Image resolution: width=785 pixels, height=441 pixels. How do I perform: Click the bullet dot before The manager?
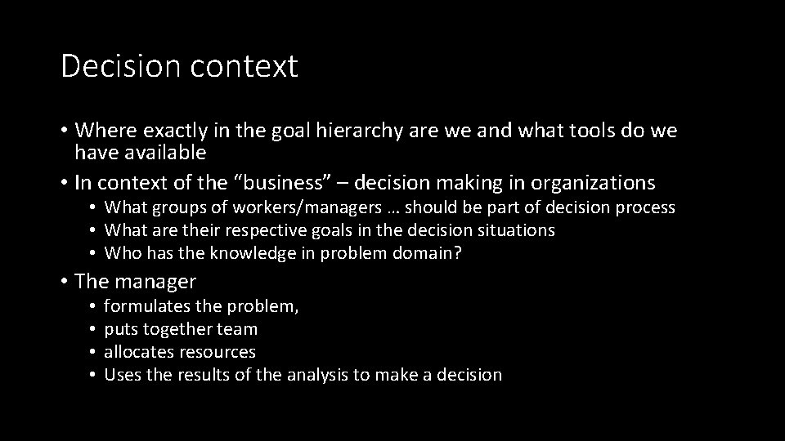(64, 283)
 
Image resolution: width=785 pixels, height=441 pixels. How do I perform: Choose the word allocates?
(137, 352)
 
